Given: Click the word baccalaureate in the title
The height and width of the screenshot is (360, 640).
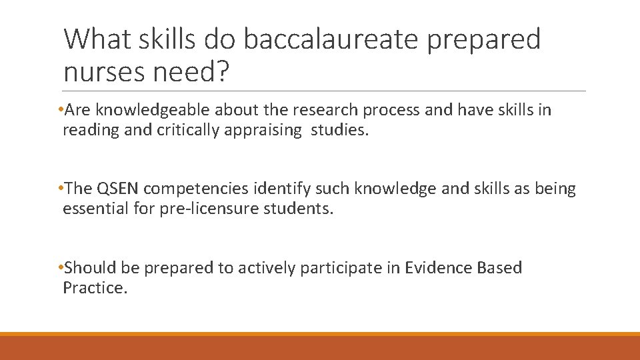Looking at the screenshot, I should (x=331, y=39).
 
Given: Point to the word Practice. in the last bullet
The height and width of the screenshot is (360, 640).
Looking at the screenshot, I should (x=94, y=288).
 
